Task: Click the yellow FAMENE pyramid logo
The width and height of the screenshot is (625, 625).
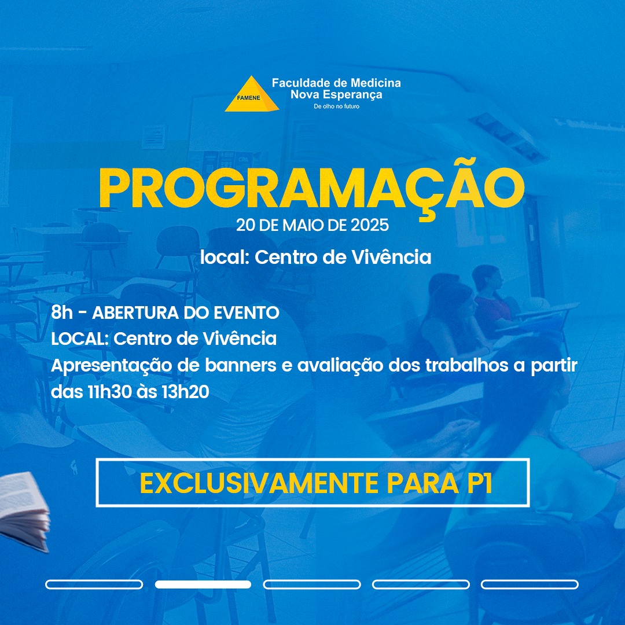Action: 252,94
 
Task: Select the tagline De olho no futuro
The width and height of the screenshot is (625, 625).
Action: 336,106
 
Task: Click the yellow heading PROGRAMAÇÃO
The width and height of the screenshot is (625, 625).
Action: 312,189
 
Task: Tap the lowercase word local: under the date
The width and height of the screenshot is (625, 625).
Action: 225,257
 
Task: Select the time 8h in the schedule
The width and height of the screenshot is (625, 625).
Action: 62,312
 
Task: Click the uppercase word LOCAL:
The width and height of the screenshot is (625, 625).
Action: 80,339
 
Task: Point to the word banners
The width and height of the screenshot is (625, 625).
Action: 240,365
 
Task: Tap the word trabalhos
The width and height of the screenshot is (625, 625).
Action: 467,365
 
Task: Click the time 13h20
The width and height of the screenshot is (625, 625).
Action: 185,392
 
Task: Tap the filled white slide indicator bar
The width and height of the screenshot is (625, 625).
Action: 203,584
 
